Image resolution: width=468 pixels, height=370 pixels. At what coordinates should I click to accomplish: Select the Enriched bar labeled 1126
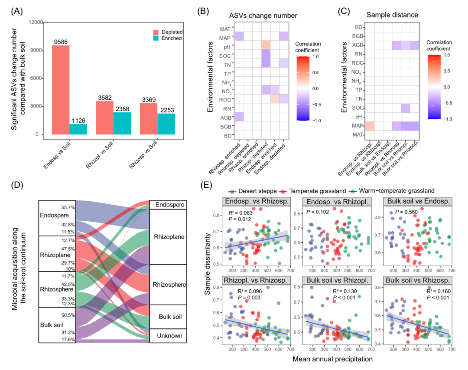coord(78,124)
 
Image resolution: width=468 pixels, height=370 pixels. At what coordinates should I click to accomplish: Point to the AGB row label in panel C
coord(357,45)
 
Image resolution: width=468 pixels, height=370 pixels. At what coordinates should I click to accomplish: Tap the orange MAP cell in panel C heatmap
coord(370,126)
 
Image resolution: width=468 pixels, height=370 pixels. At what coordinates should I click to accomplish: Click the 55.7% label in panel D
coord(68,208)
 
